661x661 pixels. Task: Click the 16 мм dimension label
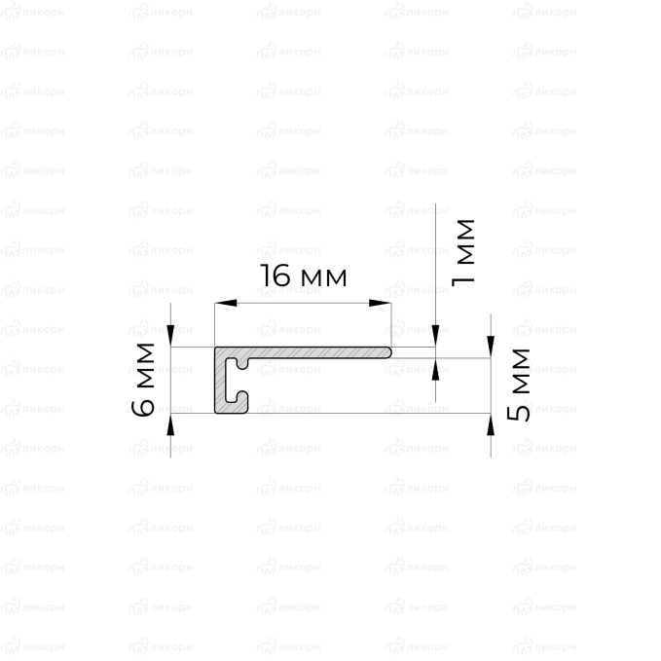(x=304, y=275)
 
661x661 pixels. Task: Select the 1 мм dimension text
(x=462, y=252)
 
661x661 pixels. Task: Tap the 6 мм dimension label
(x=142, y=380)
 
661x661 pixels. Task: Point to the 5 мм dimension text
(x=518, y=385)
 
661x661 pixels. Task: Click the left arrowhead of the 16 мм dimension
(x=226, y=303)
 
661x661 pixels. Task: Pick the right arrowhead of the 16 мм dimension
(x=380, y=303)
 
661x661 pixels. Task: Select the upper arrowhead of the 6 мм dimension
(x=170, y=336)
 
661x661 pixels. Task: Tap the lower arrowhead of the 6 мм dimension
(x=170, y=424)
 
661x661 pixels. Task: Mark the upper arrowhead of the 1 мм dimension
(x=435, y=336)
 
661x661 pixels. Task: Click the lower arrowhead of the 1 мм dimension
(x=435, y=369)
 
